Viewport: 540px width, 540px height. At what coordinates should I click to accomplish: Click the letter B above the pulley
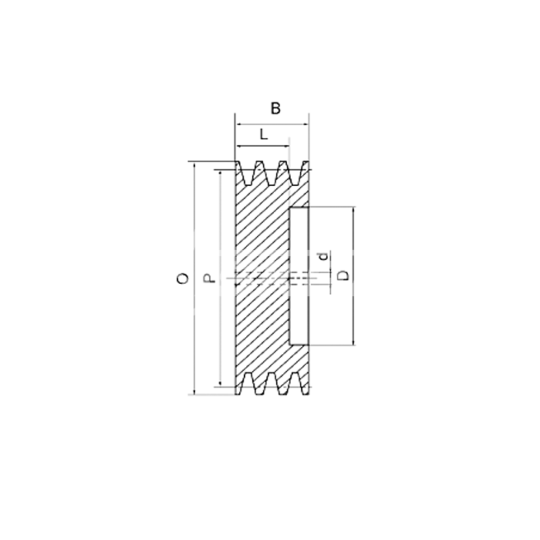click(x=275, y=109)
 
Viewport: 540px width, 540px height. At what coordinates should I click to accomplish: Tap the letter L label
click(x=264, y=134)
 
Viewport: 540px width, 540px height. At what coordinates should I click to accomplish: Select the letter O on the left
click(x=183, y=278)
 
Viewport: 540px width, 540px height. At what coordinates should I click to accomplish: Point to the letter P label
click(x=209, y=278)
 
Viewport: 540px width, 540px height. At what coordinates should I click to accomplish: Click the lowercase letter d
click(x=323, y=257)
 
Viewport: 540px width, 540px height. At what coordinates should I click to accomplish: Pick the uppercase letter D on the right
click(x=343, y=275)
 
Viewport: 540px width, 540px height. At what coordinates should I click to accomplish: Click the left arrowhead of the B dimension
click(x=238, y=125)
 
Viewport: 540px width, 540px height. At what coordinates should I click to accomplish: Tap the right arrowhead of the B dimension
click(x=306, y=125)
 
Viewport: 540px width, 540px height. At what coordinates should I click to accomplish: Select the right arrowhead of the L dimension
click(x=286, y=147)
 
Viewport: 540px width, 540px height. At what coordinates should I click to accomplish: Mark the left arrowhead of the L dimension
click(x=238, y=147)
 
